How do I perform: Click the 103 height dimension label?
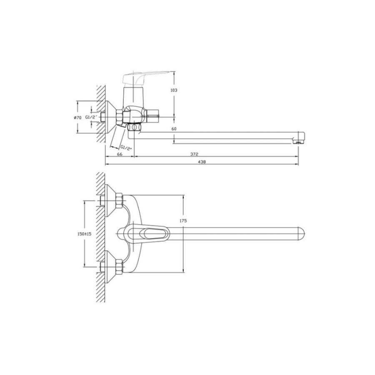(174, 90)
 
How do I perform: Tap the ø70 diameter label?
(78, 117)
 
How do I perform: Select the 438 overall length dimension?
(202, 162)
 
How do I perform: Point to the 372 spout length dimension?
(195, 154)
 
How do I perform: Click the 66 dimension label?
(120, 154)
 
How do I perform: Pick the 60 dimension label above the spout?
(174, 129)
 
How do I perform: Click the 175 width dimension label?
(183, 221)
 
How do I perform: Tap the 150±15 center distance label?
(85, 234)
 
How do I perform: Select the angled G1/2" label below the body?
(126, 147)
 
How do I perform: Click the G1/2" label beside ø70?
(92, 117)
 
